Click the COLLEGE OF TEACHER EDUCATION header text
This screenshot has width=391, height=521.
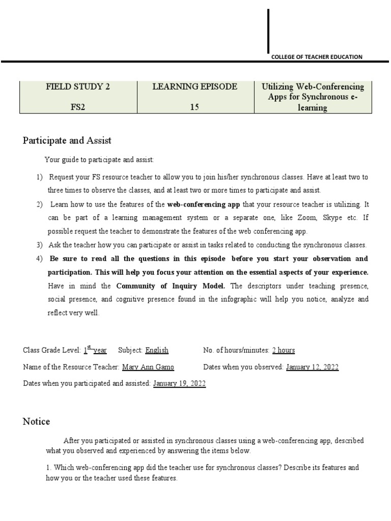tap(317, 57)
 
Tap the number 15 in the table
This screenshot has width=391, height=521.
tap(194, 108)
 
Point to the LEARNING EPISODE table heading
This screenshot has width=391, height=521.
tap(194, 86)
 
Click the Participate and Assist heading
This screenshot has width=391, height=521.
tap(67, 140)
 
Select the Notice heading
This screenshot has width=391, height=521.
tap(37, 421)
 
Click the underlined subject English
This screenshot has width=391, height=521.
tap(157, 351)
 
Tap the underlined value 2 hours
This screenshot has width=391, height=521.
tap(284, 351)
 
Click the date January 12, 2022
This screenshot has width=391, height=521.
tap(312, 367)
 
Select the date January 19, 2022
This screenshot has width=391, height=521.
tap(179, 384)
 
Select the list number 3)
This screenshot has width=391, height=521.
tap(39, 245)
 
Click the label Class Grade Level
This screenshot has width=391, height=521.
tap(52, 351)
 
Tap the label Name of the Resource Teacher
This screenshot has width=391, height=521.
tap(71, 367)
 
